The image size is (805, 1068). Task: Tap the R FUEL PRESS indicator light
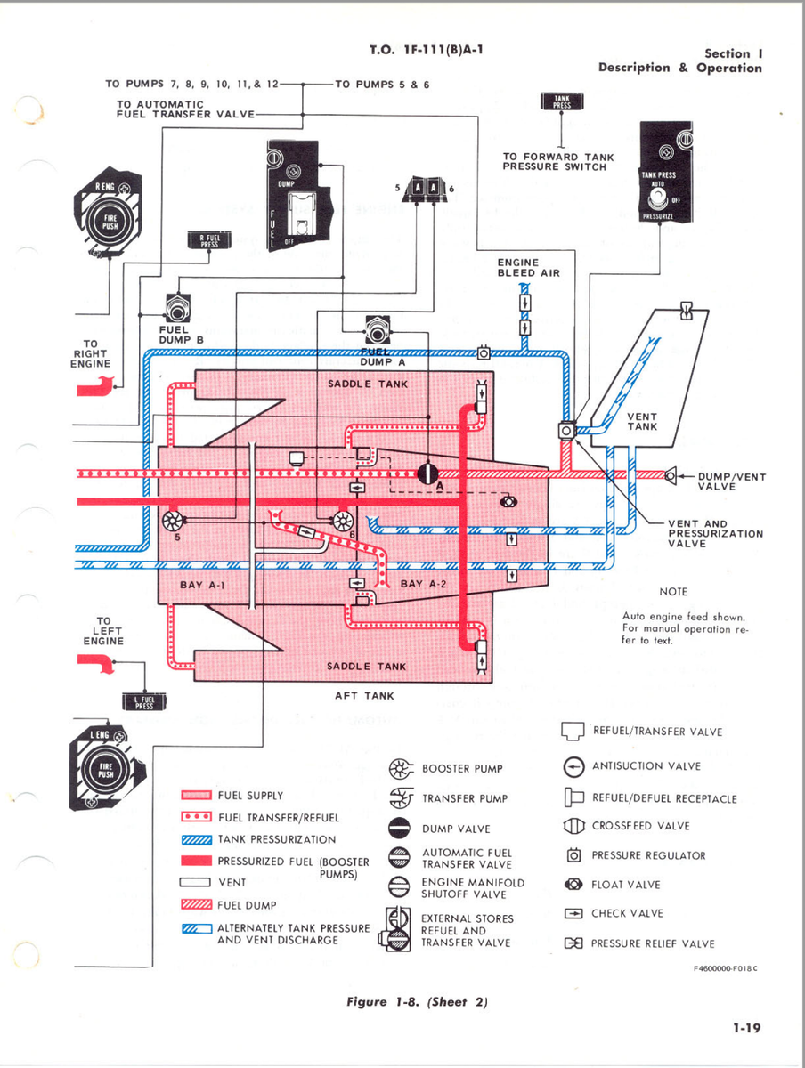(x=209, y=239)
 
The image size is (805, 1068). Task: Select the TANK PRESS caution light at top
(x=563, y=101)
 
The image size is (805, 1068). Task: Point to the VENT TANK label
(x=641, y=422)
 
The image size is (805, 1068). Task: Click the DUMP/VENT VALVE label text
(x=731, y=481)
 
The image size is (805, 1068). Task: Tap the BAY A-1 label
(x=203, y=585)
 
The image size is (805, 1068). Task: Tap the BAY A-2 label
(x=424, y=584)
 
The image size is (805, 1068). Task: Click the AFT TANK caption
(x=363, y=695)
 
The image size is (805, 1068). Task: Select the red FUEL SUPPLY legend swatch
(x=196, y=796)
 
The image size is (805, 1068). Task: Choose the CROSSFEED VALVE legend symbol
(x=573, y=826)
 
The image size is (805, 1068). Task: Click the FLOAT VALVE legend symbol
(x=573, y=885)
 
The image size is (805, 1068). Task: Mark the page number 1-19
(x=746, y=1028)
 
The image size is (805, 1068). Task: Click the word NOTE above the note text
(x=673, y=592)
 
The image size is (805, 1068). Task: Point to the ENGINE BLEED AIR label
(x=528, y=268)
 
